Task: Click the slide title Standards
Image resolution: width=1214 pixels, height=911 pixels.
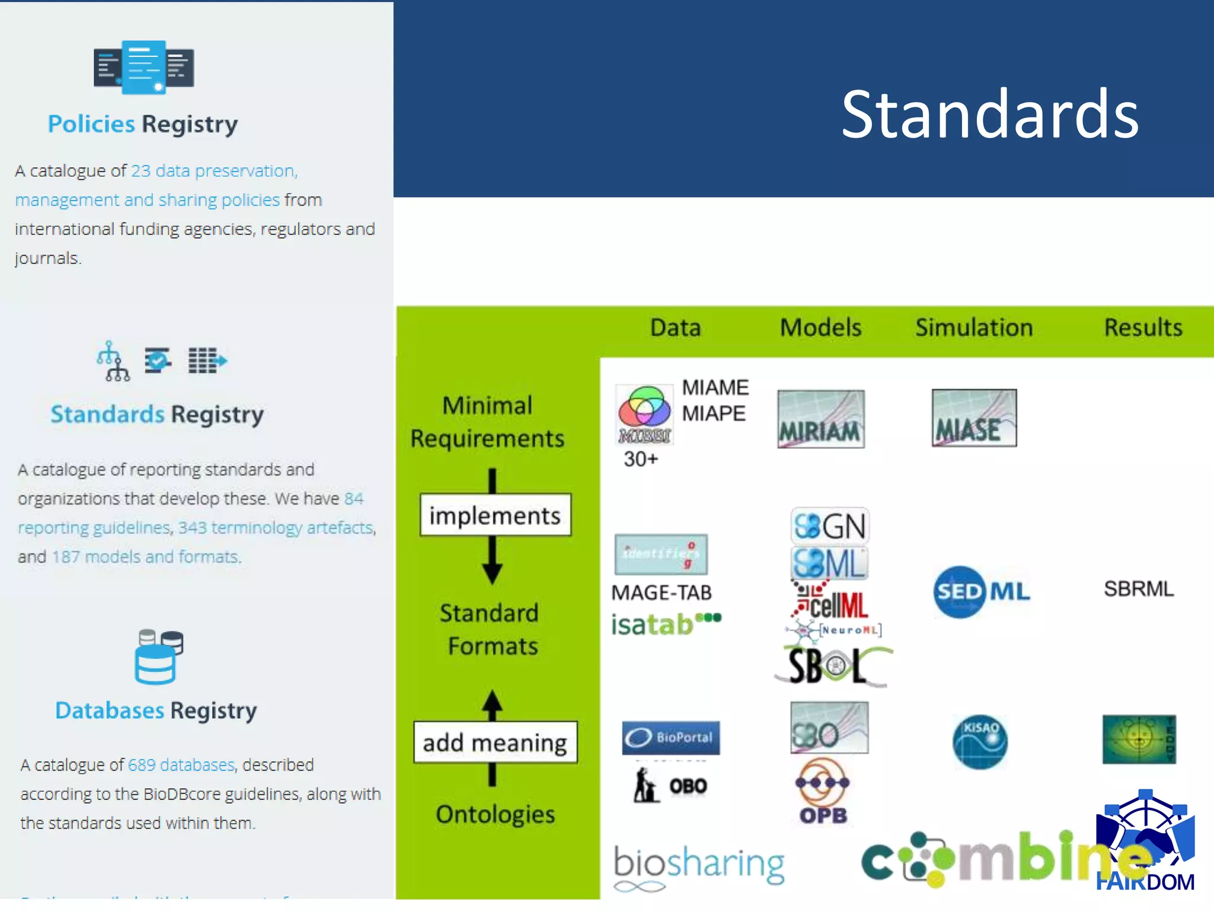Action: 990,114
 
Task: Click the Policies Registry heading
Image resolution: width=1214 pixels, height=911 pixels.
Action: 143,124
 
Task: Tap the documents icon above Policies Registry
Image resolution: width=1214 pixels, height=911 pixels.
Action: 143,67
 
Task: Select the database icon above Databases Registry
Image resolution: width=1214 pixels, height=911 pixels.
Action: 158,657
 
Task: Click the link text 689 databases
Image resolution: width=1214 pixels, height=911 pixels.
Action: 181,765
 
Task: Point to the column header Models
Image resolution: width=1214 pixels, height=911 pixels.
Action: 820,327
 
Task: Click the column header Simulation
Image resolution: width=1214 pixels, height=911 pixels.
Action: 974,327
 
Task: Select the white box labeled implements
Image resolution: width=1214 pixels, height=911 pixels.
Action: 495,515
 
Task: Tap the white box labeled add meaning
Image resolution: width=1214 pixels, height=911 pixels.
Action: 495,742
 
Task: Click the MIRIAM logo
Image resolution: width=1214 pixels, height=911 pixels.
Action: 820,419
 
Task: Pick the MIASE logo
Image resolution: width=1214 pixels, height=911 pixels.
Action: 974,418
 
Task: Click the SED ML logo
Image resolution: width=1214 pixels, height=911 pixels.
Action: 982,591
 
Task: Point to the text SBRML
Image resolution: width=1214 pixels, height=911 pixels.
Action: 1138,589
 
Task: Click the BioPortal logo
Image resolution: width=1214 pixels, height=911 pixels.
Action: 670,737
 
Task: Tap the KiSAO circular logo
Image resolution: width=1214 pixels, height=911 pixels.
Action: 980,741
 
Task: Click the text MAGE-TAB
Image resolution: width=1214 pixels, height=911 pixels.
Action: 661,593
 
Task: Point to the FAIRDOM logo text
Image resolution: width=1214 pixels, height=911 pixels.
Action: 1145,882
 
